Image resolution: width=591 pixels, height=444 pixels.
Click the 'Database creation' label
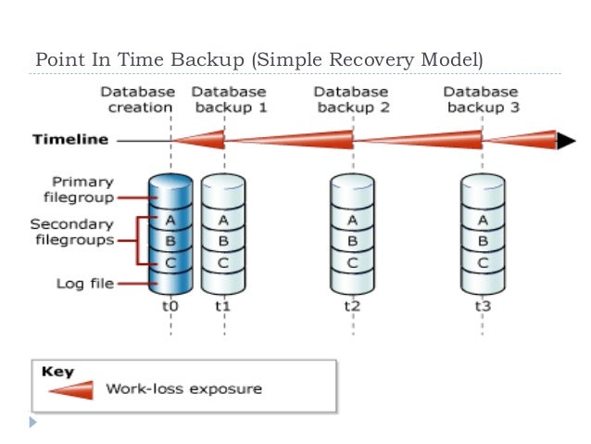click(136, 100)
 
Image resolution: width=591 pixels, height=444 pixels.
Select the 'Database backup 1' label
click(228, 100)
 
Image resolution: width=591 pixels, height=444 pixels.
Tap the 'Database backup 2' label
click(351, 100)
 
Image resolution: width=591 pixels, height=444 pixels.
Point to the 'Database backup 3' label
click(481, 100)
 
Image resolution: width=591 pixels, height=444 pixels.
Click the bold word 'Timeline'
click(70, 141)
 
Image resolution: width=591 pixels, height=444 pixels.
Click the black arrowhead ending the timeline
click(564, 141)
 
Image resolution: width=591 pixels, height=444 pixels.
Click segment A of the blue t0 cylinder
click(170, 221)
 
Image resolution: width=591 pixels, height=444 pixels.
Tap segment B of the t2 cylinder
click(352, 241)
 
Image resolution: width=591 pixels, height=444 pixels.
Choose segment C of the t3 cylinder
click(482, 261)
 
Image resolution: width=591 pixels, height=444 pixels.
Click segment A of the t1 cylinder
click(222, 221)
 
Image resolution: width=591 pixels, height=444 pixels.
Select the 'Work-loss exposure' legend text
click(182, 389)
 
